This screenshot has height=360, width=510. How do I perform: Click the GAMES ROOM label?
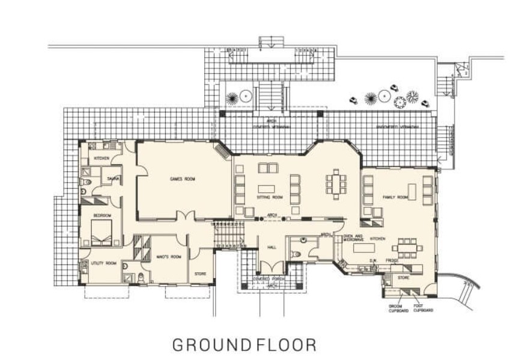(x=183, y=178)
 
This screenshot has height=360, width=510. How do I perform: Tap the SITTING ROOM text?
(x=270, y=197)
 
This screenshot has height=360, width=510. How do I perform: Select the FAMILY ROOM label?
(x=395, y=197)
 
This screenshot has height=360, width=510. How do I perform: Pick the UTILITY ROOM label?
(x=103, y=263)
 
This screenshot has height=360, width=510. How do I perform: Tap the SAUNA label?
(x=114, y=178)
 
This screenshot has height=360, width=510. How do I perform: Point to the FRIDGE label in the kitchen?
(x=393, y=260)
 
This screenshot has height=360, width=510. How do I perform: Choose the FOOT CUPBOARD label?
(x=423, y=308)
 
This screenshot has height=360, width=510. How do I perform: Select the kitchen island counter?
(x=362, y=248)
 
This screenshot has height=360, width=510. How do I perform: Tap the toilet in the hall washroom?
(x=296, y=254)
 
